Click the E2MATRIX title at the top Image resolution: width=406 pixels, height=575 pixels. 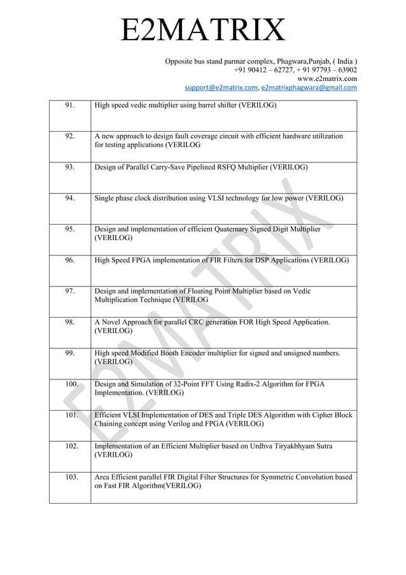pyautogui.click(x=203, y=31)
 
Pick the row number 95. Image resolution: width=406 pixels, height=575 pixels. pyautogui.click(x=70, y=229)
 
